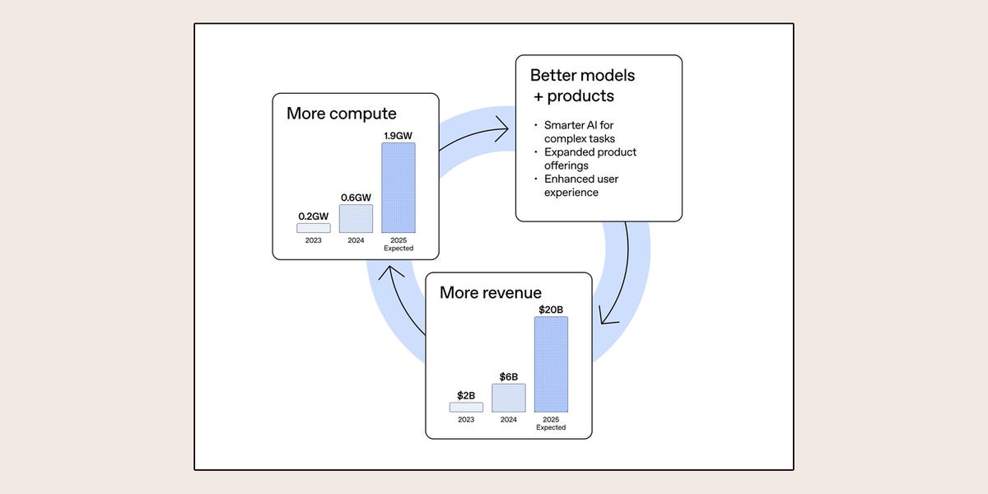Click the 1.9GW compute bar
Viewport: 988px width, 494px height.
tap(398, 188)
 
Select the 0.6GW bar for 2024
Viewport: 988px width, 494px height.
tap(356, 218)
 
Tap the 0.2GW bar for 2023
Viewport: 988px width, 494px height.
tap(314, 227)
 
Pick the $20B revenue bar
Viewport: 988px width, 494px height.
tap(551, 364)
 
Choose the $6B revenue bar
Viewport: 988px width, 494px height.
tap(509, 398)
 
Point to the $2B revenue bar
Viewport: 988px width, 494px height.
tap(466, 407)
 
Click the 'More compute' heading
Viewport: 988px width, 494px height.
tap(341, 114)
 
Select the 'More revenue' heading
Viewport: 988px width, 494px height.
tap(491, 292)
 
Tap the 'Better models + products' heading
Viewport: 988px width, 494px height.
tap(582, 86)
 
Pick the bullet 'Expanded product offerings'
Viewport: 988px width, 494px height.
tap(590, 159)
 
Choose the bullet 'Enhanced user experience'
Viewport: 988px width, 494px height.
tap(580, 185)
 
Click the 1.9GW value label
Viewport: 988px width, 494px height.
tap(398, 135)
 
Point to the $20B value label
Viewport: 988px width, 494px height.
tap(551, 310)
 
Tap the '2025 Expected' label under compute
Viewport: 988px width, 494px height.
tap(398, 244)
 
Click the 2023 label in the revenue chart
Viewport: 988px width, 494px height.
tap(466, 419)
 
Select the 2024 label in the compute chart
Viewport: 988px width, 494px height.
tap(356, 240)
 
